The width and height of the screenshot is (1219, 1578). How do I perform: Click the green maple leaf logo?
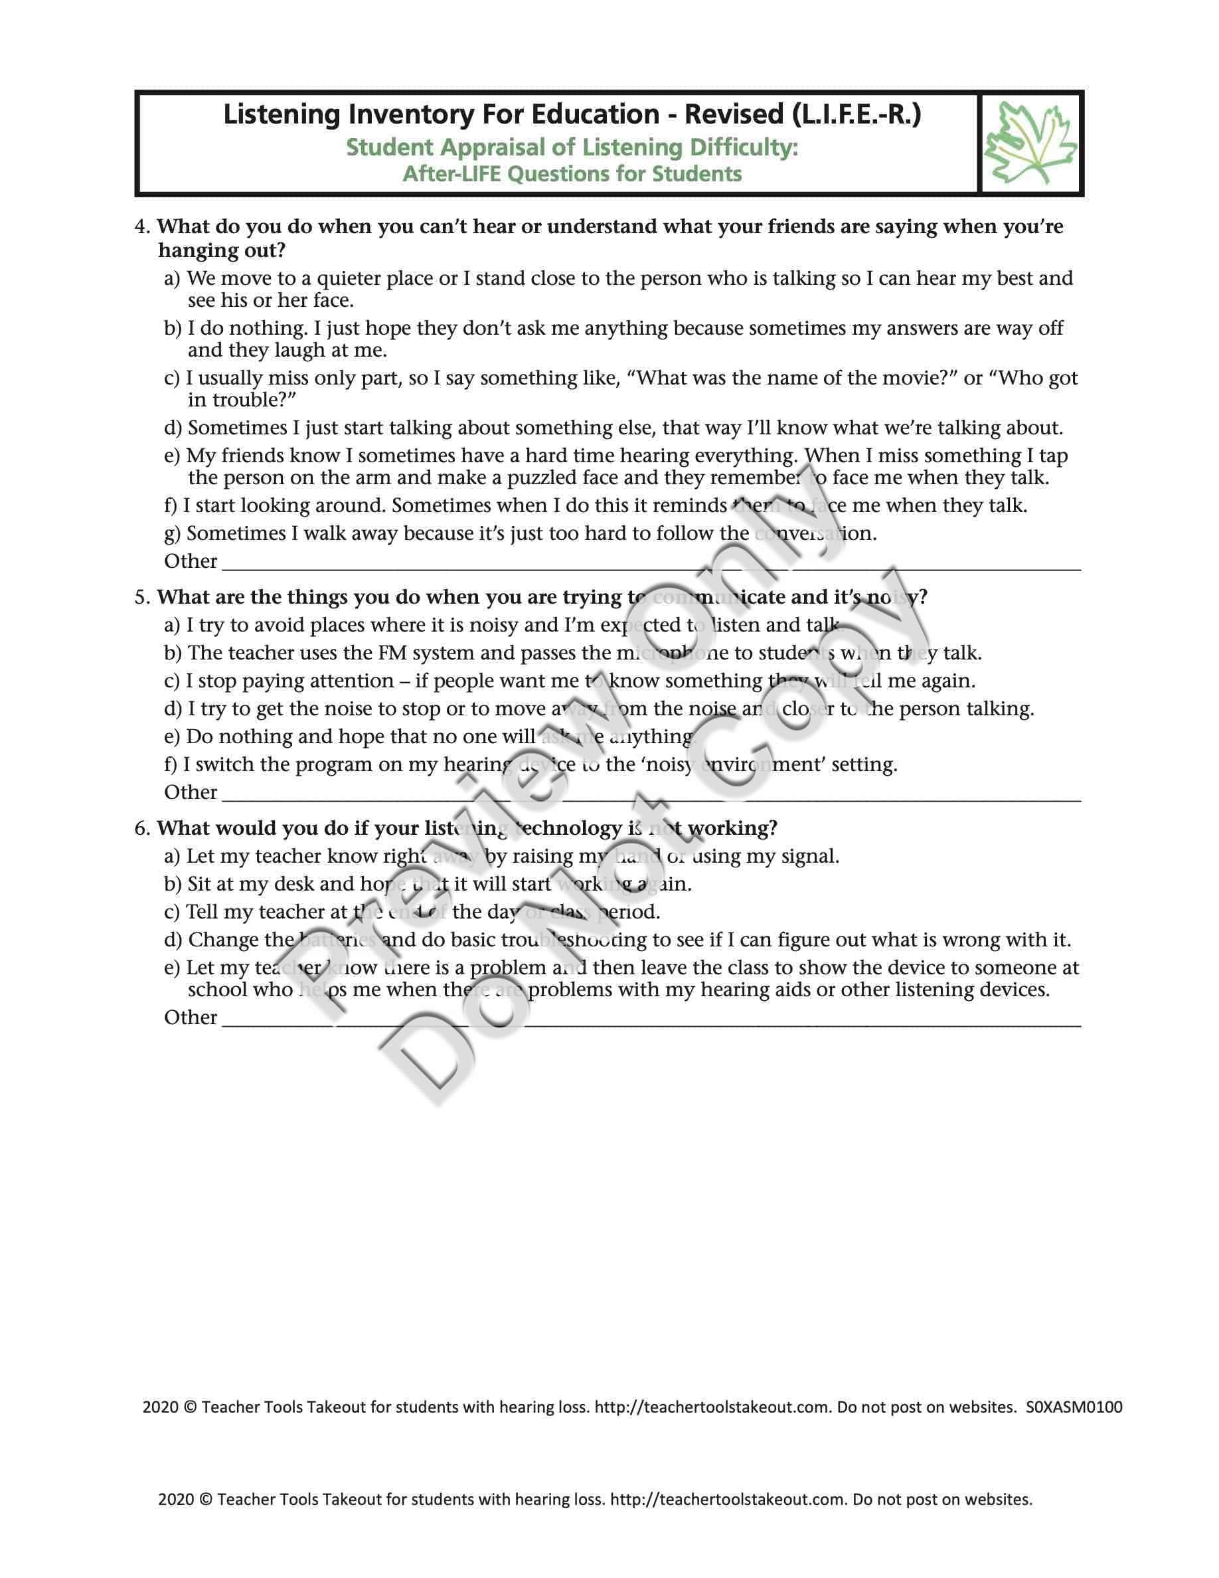click(1030, 142)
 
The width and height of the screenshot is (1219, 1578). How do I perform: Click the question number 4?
click(141, 227)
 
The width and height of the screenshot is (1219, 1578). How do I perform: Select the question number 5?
click(141, 598)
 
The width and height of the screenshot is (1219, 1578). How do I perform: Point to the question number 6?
click(141, 828)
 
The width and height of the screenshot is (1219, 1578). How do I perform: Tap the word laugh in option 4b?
click(299, 351)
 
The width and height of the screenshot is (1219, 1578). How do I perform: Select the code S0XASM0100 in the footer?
click(1074, 1407)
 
